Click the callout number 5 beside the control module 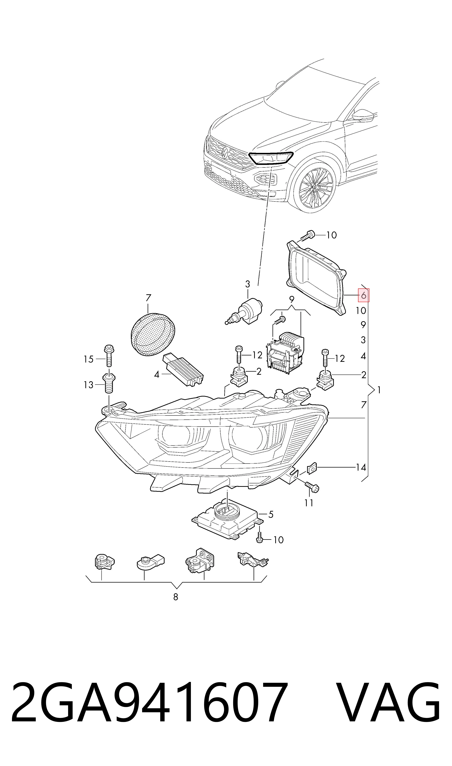coord(271,514)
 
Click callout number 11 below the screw coord(309,503)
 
